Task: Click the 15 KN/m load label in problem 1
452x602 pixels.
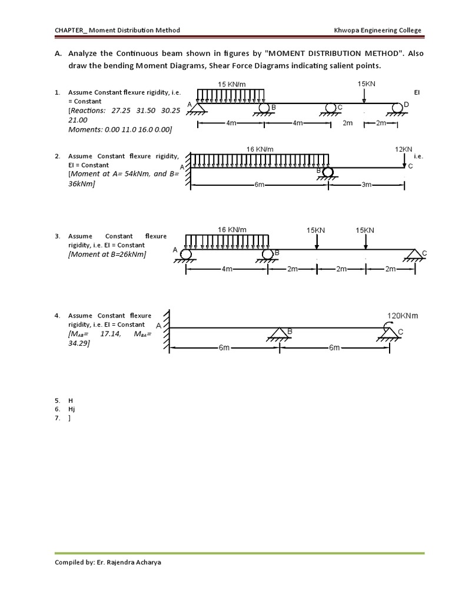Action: [231, 84]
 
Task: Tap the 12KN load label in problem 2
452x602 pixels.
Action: [404, 149]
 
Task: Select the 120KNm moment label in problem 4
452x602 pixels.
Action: [403, 316]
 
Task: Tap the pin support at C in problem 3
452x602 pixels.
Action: [416, 255]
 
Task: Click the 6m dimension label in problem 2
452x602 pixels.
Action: [260, 185]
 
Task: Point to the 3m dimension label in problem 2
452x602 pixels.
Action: [366, 185]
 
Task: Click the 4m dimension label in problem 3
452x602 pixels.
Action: [227, 269]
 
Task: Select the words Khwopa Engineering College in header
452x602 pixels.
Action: [377, 31]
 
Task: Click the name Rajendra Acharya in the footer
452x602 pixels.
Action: [129, 562]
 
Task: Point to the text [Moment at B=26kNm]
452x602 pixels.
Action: [107, 254]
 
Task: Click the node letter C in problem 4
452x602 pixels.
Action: [400, 332]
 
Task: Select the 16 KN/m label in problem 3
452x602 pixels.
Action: [232, 229]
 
